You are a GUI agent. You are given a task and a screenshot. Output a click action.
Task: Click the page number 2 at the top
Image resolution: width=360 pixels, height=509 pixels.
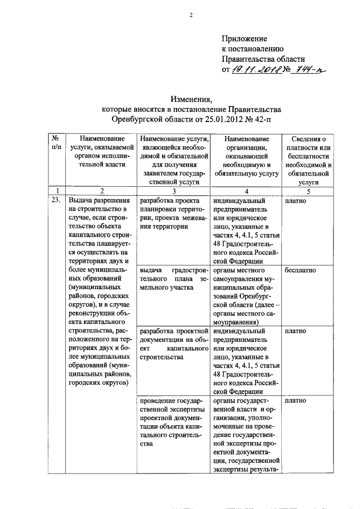tap(190, 15)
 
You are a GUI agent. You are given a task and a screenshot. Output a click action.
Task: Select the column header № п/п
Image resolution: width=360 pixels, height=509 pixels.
tap(56, 143)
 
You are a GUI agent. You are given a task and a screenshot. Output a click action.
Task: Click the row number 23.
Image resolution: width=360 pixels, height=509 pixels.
tap(56, 200)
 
